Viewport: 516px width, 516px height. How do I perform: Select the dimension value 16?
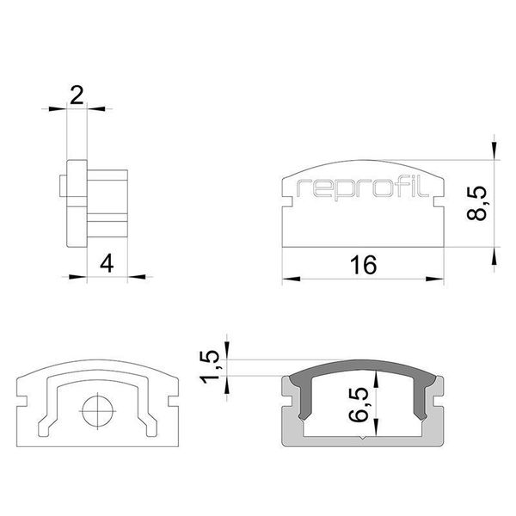tap(364, 265)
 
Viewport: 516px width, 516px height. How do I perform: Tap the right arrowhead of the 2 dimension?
tap(94, 107)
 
